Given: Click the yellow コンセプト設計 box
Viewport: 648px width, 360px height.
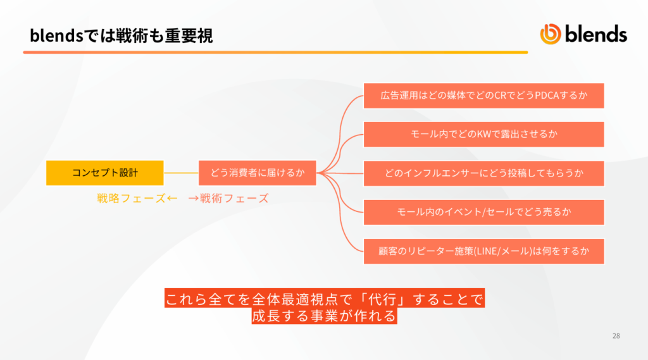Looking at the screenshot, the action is [x=104, y=173].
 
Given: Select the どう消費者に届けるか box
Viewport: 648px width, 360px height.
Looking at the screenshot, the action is [x=258, y=173].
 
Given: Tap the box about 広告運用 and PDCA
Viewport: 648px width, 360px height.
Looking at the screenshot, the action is [x=483, y=96].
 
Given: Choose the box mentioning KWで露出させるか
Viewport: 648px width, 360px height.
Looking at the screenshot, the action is [x=483, y=134].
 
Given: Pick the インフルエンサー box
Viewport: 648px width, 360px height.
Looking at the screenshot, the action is [x=483, y=173].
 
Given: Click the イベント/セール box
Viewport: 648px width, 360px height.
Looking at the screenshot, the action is [x=483, y=213].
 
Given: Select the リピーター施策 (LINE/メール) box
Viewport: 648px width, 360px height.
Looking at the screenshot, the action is [x=483, y=251].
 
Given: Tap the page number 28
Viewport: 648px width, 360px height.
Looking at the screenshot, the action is [x=616, y=336].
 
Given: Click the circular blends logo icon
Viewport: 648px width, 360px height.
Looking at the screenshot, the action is [x=551, y=34].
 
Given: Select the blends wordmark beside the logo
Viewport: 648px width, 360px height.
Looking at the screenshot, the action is [x=596, y=34].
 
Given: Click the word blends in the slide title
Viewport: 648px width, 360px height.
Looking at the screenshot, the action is [x=56, y=35].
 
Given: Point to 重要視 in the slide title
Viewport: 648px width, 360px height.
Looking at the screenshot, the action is [x=189, y=35].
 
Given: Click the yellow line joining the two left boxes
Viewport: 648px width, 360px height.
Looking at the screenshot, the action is [x=181, y=173].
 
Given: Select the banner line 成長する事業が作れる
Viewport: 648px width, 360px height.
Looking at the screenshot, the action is [x=325, y=316].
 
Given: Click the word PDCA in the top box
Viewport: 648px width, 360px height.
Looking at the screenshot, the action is [x=547, y=96].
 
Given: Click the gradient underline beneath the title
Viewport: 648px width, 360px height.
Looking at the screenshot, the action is [x=276, y=53].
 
